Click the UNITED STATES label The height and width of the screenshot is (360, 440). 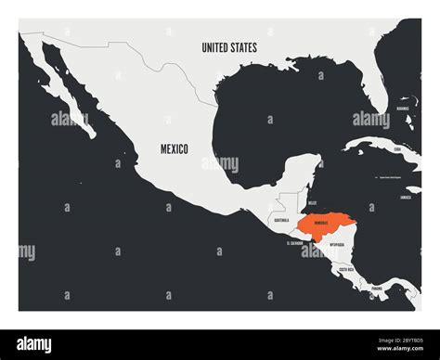[231, 46]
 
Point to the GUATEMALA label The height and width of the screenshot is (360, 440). [280, 220]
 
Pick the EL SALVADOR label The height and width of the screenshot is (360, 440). [294, 243]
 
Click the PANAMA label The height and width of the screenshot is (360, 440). [376, 289]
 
